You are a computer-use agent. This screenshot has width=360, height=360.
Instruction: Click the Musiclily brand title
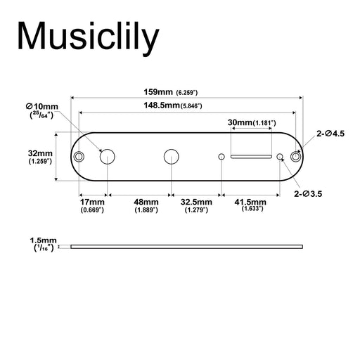[x=88, y=37]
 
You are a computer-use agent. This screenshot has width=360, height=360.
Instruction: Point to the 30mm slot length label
[x=252, y=122]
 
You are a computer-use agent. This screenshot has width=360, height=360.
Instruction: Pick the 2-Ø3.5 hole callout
[x=309, y=193]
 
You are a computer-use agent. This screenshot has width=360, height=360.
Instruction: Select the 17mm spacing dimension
[x=92, y=204]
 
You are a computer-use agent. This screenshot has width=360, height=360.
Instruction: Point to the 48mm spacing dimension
[x=146, y=204]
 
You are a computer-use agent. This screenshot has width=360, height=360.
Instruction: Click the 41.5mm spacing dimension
[x=252, y=203]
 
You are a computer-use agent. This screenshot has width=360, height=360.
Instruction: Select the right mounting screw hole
[x=295, y=156]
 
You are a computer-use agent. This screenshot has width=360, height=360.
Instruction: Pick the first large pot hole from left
[x=108, y=156]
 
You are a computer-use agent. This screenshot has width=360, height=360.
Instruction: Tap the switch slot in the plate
[x=252, y=156]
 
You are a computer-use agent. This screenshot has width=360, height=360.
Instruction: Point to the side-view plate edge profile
[x=187, y=246]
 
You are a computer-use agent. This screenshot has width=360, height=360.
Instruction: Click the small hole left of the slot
[x=221, y=156]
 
